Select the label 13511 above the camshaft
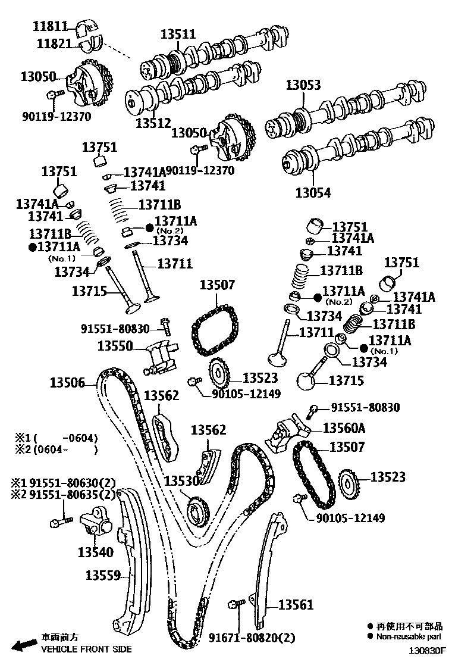point(177,35)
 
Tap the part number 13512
point(153,123)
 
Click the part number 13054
point(313,193)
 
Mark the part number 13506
point(67,383)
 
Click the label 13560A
point(344,427)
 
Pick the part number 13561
point(295,605)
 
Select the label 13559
point(103,575)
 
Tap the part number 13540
point(95,552)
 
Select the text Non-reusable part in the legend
point(409,636)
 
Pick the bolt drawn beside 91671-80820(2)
point(236,605)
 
